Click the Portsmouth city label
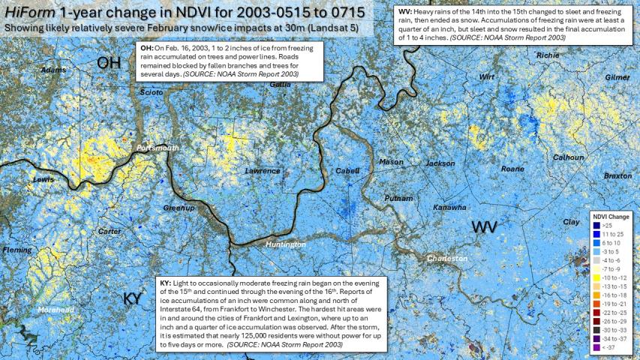[158, 148]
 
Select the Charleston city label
[447, 259]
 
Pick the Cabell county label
[347, 171]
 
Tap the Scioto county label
[151, 92]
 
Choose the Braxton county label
[617, 175]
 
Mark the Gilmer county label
[617, 77]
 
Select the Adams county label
[53, 70]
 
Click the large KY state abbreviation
[132, 298]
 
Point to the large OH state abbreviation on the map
[109, 64]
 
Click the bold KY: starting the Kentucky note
[166, 283]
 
